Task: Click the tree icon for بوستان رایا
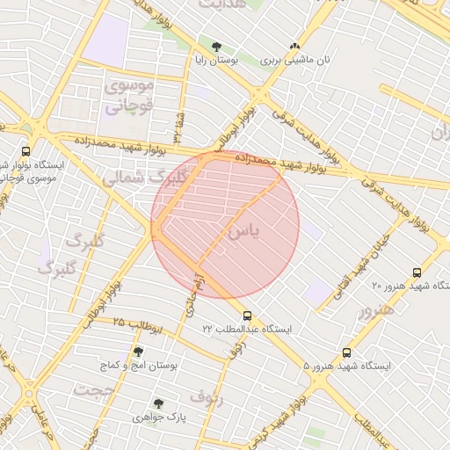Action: tap(216, 46)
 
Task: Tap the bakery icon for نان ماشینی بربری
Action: tap(294, 46)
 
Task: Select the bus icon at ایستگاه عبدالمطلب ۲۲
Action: tap(247, 316)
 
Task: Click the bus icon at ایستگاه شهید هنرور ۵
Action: tap(346, 352)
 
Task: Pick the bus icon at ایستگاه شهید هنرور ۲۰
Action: tap(417, 272)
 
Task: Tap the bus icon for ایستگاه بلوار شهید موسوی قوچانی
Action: tap(25, 151)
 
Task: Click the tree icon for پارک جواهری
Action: tap(158, 403)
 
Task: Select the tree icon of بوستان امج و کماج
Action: tap(138, 351)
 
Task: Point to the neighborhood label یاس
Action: tap(243, 232)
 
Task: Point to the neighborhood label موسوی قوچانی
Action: tap(129, 96)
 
